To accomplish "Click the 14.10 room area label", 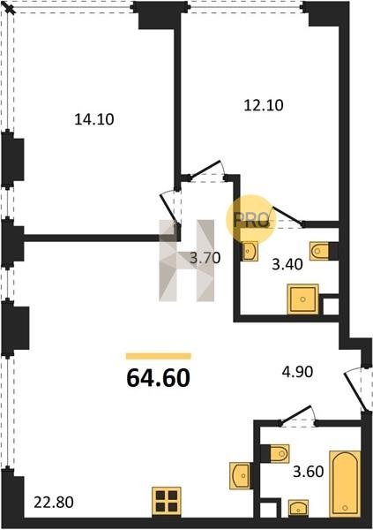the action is tap(94, 119).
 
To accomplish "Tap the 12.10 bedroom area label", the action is tap(264, 105).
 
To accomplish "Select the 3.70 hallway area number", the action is tap(205, 258).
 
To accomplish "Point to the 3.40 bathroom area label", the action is tap(287, 264).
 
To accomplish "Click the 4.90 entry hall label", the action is tap(297, 372).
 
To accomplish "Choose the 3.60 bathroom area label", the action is tap(309, 472).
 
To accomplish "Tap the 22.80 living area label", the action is tap(54, 503).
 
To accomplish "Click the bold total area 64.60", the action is tap(159, 378).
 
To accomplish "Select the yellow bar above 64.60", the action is tap(159, 356).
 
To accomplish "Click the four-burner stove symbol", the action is tap(167, 501).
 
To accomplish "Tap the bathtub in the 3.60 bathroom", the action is tap(345, 484).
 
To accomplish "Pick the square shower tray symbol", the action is tap(302, 299).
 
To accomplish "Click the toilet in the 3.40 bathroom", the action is tap(319, 251).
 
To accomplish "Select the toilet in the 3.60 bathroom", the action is tap(280, 454).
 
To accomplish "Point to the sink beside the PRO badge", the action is tap(250, 251).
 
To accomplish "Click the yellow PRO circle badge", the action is tap(250, 220).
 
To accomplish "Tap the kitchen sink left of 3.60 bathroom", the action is tap(240, 475).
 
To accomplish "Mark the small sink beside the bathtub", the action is tap(298, 509).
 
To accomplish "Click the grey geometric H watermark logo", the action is tap(187, 261).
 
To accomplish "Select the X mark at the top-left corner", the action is tap(11, 9).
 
